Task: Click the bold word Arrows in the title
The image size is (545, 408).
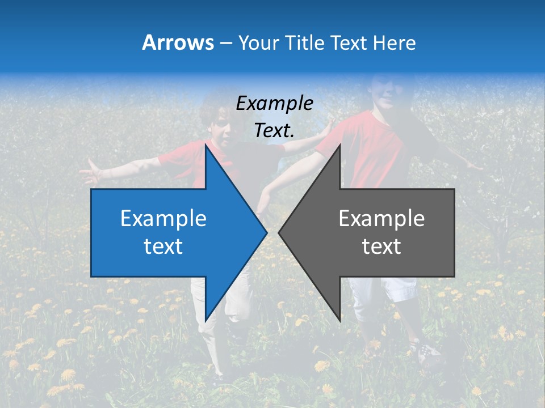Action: [178, 42]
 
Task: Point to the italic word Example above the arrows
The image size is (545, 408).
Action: [274, 103]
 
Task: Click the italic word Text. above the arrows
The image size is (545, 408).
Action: [274, 130]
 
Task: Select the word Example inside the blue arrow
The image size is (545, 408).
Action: [163, 218]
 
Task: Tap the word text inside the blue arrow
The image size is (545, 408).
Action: [163, 246]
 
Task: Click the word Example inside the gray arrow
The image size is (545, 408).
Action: [381, 218]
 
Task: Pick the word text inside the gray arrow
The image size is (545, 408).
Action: [381, 246]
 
